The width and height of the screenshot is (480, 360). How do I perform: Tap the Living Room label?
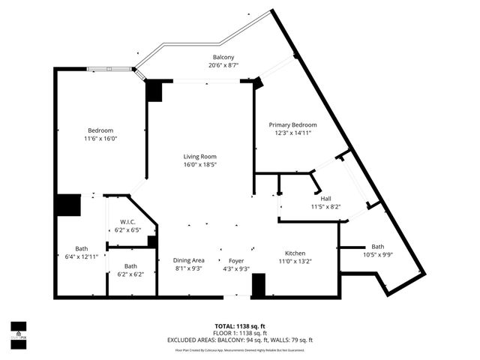tap(199, 157)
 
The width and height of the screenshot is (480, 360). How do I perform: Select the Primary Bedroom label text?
tap(292, 124)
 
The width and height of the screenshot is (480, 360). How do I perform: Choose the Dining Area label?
tap(188, 260)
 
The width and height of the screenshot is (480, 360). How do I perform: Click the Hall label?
tap(326, 199)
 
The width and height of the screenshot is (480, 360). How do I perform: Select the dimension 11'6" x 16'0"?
tap(101, 139)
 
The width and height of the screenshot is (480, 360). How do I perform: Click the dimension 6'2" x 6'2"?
tap(130, 274)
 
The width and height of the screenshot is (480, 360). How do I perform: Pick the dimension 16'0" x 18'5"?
tap(199, 165)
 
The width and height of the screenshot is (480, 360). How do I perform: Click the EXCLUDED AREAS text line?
tap(240, 340)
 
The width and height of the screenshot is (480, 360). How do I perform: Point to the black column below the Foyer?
tap(258, 286)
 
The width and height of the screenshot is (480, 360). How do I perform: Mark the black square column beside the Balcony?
tap(154, 91)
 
